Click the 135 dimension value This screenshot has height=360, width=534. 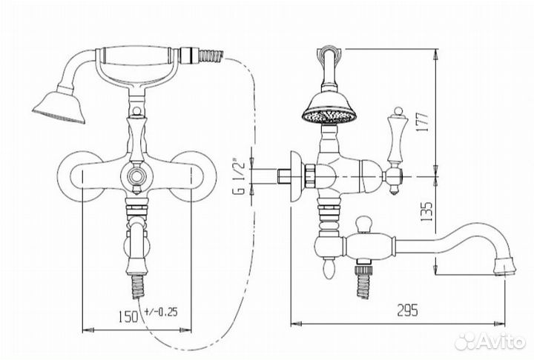426,212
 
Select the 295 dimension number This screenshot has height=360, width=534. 408,310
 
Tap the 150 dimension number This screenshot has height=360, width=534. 129,316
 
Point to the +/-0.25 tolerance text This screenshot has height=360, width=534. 161,312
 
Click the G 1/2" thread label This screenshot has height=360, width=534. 239,176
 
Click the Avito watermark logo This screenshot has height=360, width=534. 490,341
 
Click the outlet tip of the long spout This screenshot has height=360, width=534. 505,266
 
